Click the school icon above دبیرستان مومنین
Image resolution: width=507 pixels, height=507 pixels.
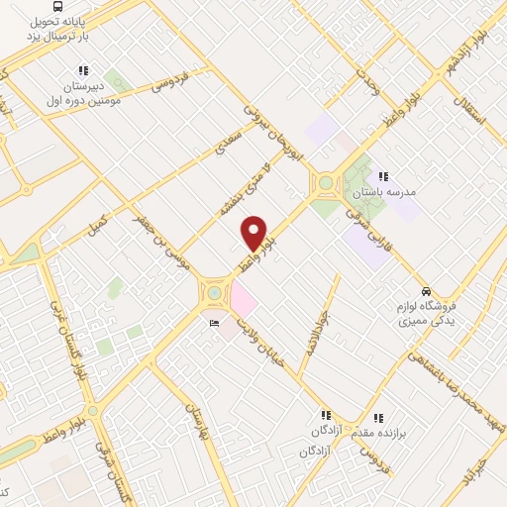point(83,71)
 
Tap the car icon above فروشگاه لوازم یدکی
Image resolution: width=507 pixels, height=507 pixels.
point(425,292)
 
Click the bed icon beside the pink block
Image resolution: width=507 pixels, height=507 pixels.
point(213,324)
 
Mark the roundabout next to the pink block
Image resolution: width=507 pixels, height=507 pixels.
point(214,292)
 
